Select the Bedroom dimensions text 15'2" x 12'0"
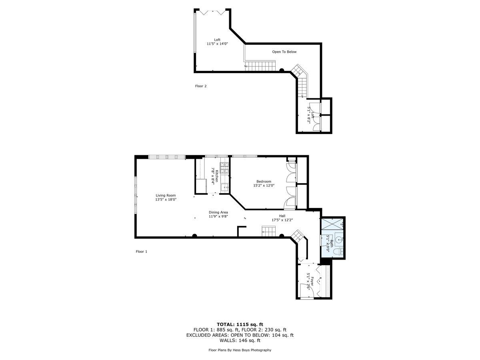[264, 186]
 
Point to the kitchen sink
[225, 187]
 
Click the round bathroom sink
[339, 240]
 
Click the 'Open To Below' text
[284, 52]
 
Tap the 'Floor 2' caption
[200, 86]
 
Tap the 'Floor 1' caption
[142, 252]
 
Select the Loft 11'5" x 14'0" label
[217, 42]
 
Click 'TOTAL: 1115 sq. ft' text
[240, 324]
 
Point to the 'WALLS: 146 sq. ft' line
[240, 340]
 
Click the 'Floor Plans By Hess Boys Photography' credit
[240, 350]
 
